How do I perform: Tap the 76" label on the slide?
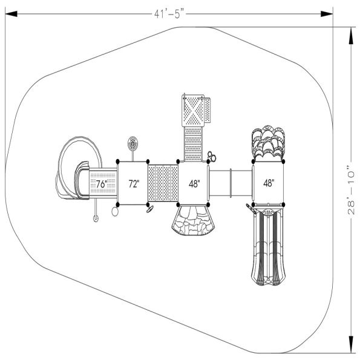tap(101, 184)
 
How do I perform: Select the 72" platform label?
tap(133, 183)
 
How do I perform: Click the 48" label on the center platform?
tap(194, 183)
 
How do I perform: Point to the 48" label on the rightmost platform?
tap(269, 183)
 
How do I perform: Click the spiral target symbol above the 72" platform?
tap(133, 145)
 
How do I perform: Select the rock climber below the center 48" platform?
tap(192, 222)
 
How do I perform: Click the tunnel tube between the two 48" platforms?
tap(231, 183)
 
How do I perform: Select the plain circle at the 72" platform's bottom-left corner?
tap(116, 212)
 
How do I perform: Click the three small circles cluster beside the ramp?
tap(211, 157)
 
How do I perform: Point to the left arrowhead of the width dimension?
tap(8, 13)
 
